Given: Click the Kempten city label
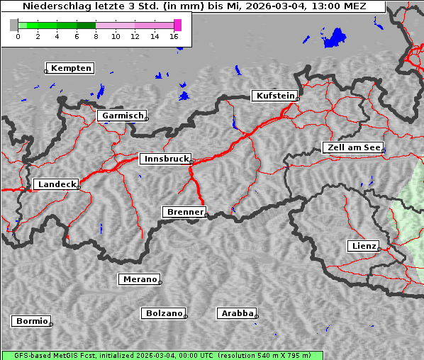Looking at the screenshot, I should click(x=71, y=68).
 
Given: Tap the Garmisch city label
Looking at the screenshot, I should click(x=123, y=116).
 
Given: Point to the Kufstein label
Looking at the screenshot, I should click(x=274, y=96).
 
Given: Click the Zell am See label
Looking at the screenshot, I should click(x=352, y=147).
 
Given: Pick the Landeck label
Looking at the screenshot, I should click(x=56, y=184).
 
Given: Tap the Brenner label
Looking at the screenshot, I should click(x=184, y=212).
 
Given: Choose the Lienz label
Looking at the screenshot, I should click(x=363, y=246).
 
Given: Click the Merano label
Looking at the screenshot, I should click(x=139, y=279).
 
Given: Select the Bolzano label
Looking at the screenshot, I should click(x=164, y=313).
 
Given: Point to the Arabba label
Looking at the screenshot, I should click(x=237, y=313).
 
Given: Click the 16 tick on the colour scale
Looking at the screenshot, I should click(x=174, y=35).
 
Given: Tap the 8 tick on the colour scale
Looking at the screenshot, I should click(x=96, y=35).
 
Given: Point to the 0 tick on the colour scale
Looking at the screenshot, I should click(x=18, y=35).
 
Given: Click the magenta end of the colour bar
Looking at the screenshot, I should click(x=177, y=25).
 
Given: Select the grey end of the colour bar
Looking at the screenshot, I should click(x=14, y=25).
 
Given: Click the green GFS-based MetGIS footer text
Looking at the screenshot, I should click(x=161, y=355).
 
